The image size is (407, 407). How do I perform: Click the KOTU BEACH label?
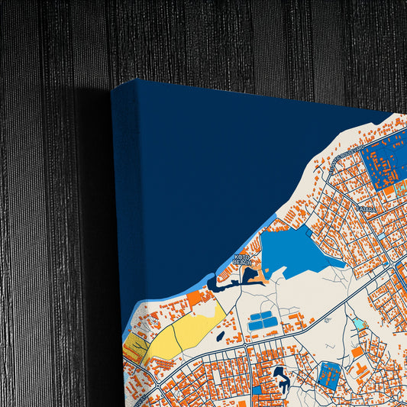point(242,260)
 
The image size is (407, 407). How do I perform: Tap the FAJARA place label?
point(366,208)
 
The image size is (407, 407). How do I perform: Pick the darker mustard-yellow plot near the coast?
point(135,347)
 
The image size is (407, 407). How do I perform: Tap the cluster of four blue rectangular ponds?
point(262,321)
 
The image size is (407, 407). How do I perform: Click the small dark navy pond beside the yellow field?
point(220,335)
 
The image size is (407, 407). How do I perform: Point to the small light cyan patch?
point(359,325)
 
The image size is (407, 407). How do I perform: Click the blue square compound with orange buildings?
point(330,374)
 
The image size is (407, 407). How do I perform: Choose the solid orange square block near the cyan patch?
point(357,352)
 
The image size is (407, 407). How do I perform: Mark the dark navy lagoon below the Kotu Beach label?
point(229,285)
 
